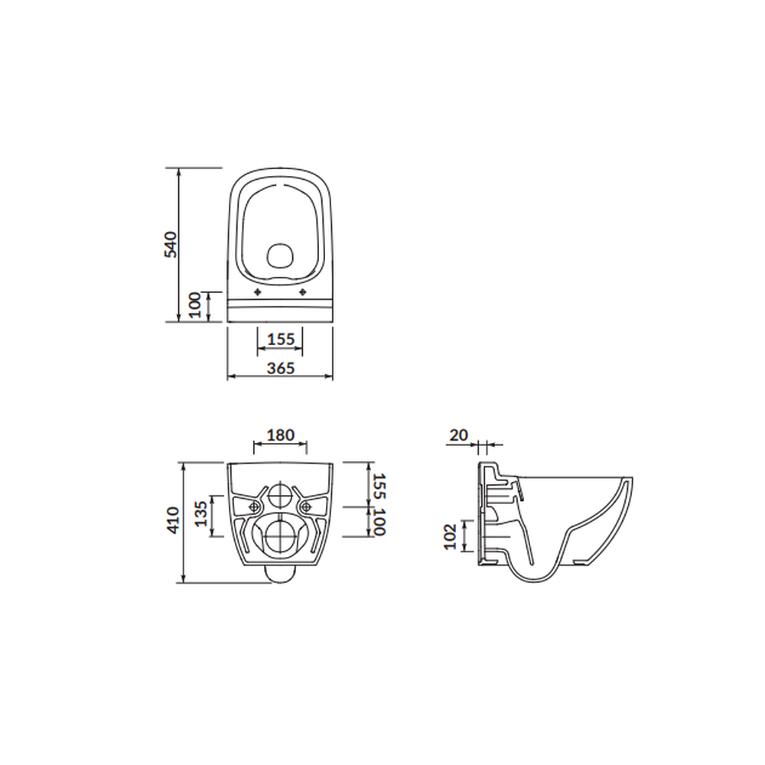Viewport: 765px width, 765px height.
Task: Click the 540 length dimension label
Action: (172, 244)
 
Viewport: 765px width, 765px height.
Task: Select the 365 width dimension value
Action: (281, 367)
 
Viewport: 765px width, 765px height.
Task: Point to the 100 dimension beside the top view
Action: (194, 306)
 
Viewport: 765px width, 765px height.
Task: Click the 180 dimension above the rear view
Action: (280, 435)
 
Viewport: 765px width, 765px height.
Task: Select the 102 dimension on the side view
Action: (451, 535)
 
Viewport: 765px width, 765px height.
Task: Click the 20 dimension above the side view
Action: (459, 435)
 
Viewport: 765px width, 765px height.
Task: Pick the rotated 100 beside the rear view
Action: (377, 522)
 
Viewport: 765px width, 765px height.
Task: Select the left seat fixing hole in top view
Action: (258, 293)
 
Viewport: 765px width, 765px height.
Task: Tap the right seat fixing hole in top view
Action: (304, 293)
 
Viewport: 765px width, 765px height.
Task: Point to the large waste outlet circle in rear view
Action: (280, 535)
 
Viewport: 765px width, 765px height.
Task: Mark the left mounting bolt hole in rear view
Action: (254, 506)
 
